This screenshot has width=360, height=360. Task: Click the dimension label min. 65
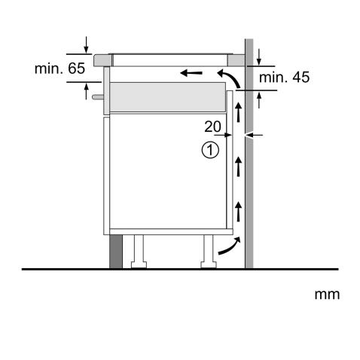click(60, 69)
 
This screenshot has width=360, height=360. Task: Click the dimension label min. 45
click(284, 76)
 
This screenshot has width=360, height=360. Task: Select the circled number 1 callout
click(209, 150)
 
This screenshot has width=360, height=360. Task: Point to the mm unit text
click(327, 293)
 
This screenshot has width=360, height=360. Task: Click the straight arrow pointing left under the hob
click(192, 74)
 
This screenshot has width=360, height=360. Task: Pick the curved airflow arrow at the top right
click(229, 77)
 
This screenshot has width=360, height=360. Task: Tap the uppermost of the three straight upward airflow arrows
click(239, 114)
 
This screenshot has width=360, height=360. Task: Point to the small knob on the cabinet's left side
click(96, 96)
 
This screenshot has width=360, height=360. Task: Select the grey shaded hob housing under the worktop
click(167, 96)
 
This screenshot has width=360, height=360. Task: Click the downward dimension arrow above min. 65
click(87, 44)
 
